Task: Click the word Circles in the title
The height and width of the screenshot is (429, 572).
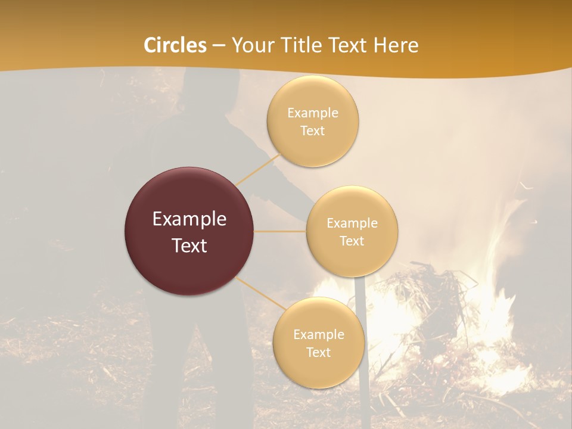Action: pos(175,45)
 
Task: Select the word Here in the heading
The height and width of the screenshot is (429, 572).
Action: pos(396,45)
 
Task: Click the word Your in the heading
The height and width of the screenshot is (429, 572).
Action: pos(250,45)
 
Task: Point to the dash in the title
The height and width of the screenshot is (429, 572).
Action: pos(219,46)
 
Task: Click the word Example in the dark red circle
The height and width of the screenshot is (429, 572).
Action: pos(189,219)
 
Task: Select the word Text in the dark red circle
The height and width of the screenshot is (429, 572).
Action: pos(189,245)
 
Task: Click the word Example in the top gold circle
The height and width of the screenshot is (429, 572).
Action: pos(313,113)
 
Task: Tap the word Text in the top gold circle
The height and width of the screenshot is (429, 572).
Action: pos(313,130)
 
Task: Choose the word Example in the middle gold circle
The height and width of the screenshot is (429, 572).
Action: pos(352,223)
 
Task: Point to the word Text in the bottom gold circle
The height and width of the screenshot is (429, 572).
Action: pos(319,352)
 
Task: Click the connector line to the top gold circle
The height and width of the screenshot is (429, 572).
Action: pos(259,170)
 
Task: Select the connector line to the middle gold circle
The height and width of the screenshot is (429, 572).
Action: pos(280,231)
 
